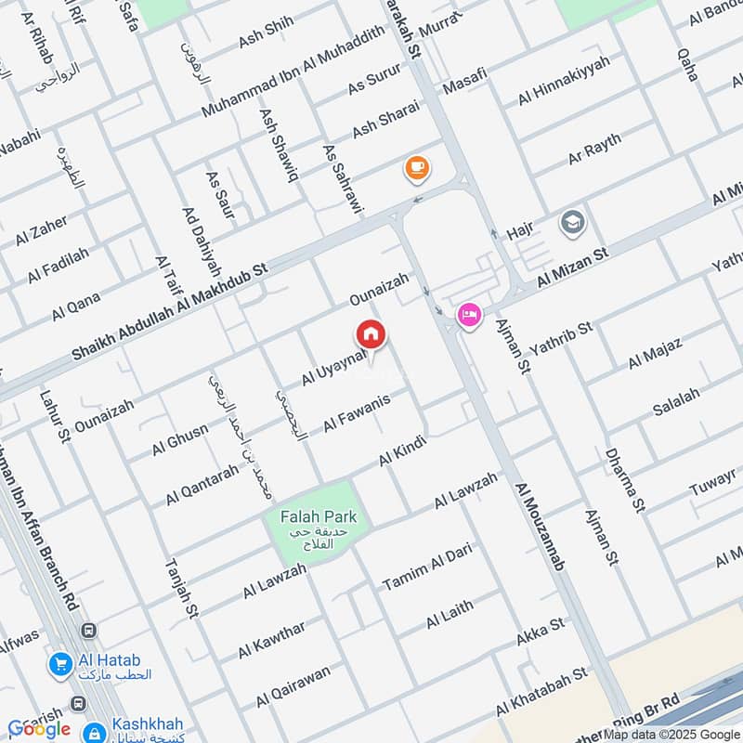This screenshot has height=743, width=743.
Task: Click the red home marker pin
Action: click(x=371, y=334)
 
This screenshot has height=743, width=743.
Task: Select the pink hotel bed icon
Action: click(x=469, y=317)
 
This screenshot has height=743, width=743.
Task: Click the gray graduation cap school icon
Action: click(x=571, y=222)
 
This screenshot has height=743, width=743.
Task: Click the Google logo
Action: click(x=39, y=729)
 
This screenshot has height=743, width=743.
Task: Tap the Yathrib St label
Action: click(x=560, y=340)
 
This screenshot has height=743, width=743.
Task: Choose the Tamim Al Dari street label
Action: click(x=427, y=567)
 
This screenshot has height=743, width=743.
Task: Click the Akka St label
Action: click(x=540, y=632)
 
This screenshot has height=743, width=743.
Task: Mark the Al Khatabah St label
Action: click(x=541, y=692)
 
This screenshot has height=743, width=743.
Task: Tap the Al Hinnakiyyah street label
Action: click(x=565, y=81)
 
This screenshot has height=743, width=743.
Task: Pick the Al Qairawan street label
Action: click(x=293, y=686)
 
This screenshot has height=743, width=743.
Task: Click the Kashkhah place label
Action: click(x=149, y=723)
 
